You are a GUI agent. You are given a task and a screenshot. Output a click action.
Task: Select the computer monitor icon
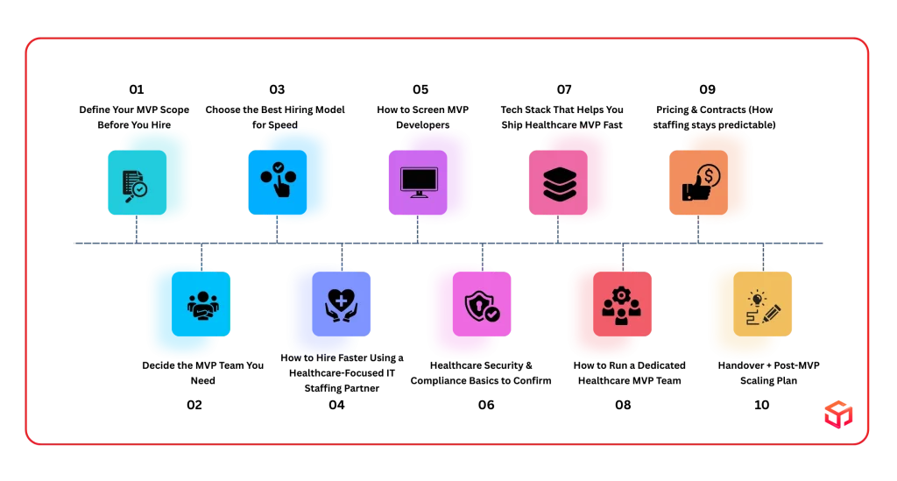[x=418, y=181]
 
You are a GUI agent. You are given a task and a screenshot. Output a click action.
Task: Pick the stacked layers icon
[x=558, y=182]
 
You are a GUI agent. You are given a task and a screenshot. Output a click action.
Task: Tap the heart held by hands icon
[x=341, y=303]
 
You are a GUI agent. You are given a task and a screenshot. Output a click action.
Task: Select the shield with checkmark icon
[x=481, y=306]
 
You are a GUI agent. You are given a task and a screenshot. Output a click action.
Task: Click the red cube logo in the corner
[x=837, y=414]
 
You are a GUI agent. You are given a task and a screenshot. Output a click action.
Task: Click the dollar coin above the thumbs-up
[x=710, y=175]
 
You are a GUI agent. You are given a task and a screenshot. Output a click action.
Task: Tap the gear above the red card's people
[x=621, y=295]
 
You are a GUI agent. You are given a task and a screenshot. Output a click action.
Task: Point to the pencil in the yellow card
[x=772, y=312]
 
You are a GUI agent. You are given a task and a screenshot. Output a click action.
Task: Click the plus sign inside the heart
[x=341, y=301]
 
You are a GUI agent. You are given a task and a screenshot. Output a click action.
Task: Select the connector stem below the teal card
[x=136, y=231]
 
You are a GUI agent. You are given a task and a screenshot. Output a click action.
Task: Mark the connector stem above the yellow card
[x=764, y=254]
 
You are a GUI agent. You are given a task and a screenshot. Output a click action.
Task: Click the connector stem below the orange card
[x=698, y=231]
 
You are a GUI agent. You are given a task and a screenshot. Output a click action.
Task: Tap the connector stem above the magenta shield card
[x=481, y=254]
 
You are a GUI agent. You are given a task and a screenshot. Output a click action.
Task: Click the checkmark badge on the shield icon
[x=492, y=313]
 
